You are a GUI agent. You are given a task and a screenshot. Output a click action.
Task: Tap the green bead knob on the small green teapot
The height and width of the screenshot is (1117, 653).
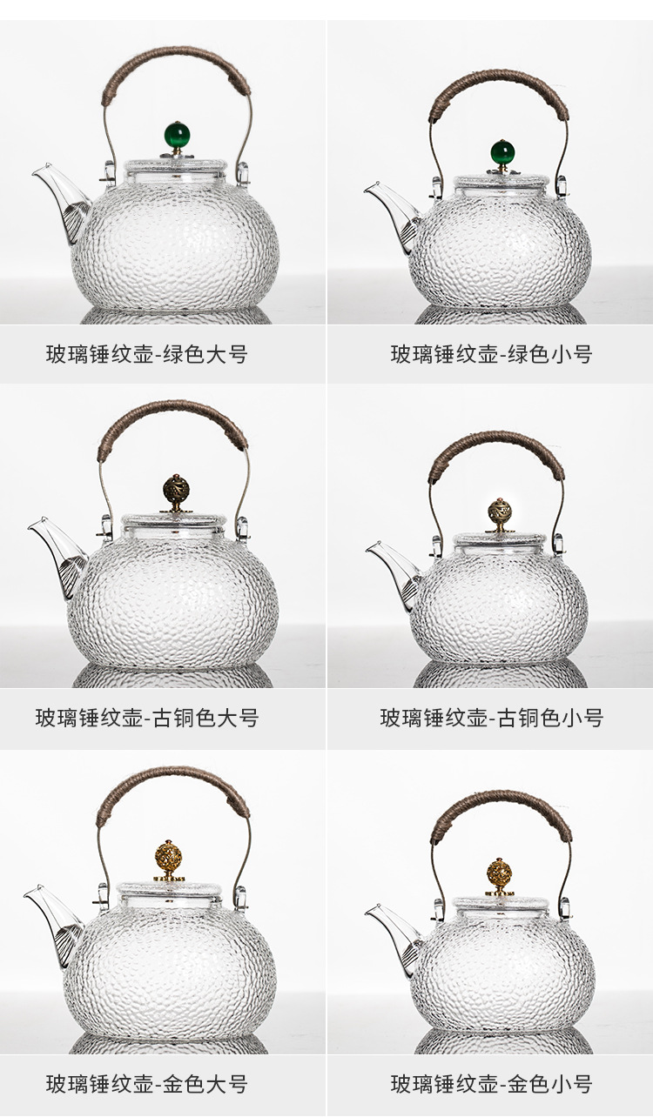502,152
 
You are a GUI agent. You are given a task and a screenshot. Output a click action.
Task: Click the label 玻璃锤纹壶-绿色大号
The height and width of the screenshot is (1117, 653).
146,354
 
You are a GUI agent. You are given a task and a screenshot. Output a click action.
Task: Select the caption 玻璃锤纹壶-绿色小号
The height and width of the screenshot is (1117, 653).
491,354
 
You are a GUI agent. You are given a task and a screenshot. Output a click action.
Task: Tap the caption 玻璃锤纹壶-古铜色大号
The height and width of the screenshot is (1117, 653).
146,718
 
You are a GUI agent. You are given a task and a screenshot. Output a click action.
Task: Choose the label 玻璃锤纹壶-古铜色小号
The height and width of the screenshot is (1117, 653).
491,718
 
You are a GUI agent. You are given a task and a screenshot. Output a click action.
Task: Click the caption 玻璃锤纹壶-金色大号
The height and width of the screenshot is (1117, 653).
146,1084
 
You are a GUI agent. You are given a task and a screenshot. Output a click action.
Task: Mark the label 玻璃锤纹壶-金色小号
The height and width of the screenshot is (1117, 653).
491,1084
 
